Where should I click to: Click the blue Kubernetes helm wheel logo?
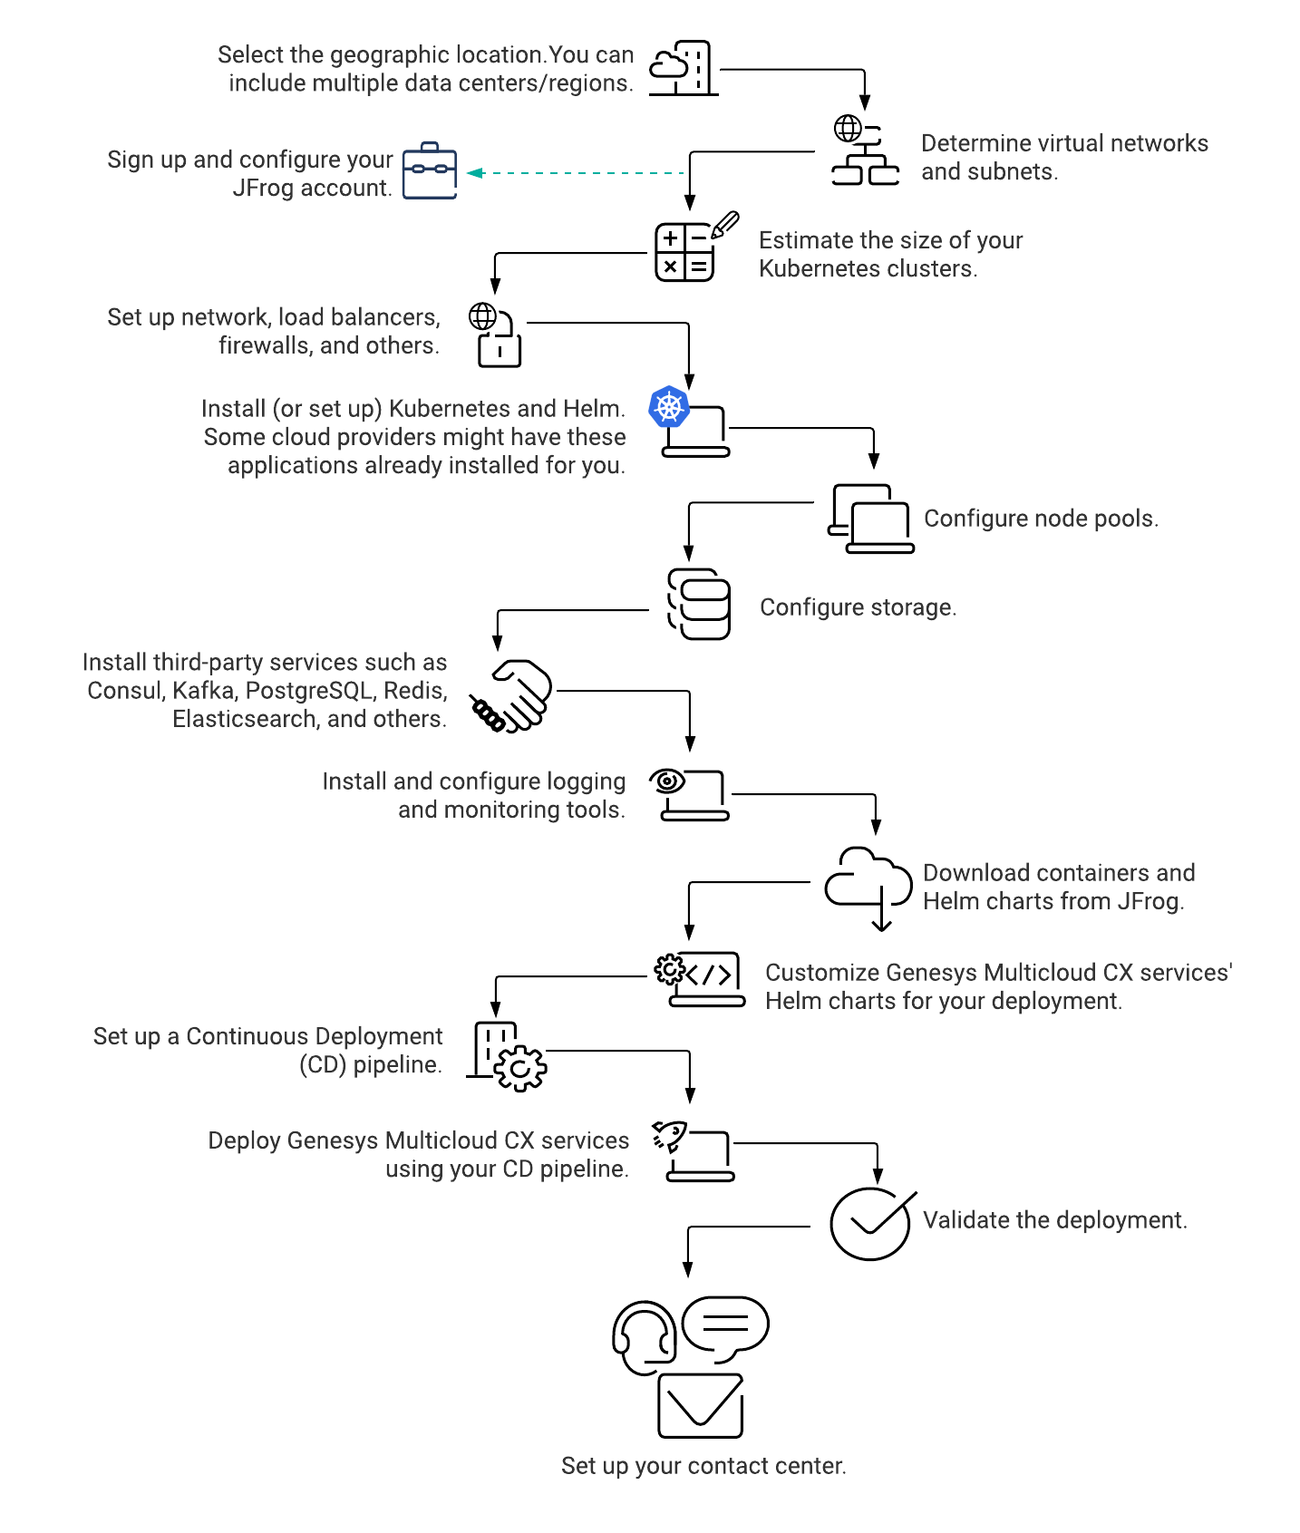(x=669, y=407)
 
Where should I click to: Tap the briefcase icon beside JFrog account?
(x=430, y=170)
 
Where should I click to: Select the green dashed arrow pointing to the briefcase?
(x=575, y=172)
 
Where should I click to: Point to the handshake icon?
(x=510, y=695)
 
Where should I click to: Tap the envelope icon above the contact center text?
(x=701, y=1406)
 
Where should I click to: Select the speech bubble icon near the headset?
(x=725, y=1328)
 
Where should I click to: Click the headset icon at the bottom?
(x=645, y=1338)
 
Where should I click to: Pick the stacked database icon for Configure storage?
(x=699, y=604)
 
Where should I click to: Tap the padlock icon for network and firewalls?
(x=500, y=348)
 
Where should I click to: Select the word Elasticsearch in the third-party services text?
(x=244, y=719)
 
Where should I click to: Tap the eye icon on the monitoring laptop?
(x=668, y=781)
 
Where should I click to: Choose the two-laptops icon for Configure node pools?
(x=870, y=519)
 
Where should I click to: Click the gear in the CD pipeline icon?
(x=520, y=1069)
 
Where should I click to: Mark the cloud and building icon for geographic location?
(x=684, y=68)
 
